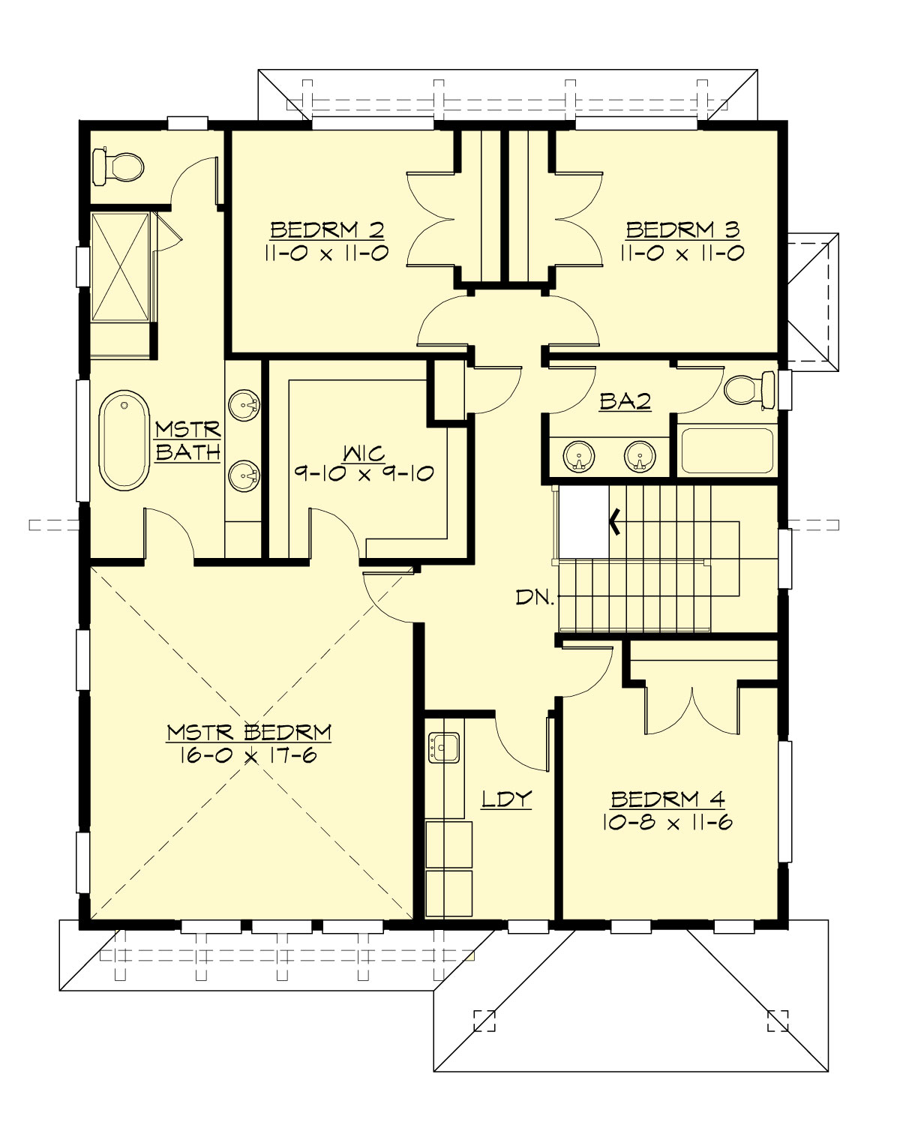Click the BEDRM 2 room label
(327, 229)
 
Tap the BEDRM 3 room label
(682, 229)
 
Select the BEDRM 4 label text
(667, 799)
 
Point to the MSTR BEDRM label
(248, 732)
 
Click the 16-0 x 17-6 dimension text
(248, 755)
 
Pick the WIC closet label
(364, 453)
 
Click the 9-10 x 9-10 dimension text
(364, 474)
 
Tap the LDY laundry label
(506, 799)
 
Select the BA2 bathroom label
(625, 402)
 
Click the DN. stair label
(535, 598)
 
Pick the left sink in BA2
(579, 456)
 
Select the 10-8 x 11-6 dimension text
(667, 823)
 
